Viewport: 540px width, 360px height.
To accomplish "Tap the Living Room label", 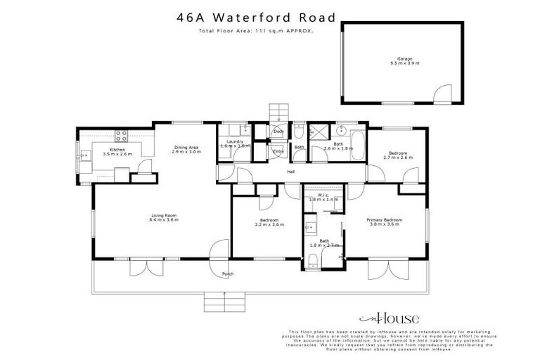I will point(164,215).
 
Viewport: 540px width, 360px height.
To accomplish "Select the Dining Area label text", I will point(188,147).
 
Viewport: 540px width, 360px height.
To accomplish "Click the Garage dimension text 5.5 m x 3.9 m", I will point(404,63).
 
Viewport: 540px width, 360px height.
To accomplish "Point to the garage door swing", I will point(442,94).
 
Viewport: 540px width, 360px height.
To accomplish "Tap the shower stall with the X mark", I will point(319,131).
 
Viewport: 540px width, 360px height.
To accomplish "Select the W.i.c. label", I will point(323,195).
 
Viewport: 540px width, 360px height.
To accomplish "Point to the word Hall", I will point(290,172).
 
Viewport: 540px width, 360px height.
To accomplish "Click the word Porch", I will point(227,274).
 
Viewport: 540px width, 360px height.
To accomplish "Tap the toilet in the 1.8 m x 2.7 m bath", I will point(311,262).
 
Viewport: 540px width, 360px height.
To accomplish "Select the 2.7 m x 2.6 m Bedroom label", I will point(397,154).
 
